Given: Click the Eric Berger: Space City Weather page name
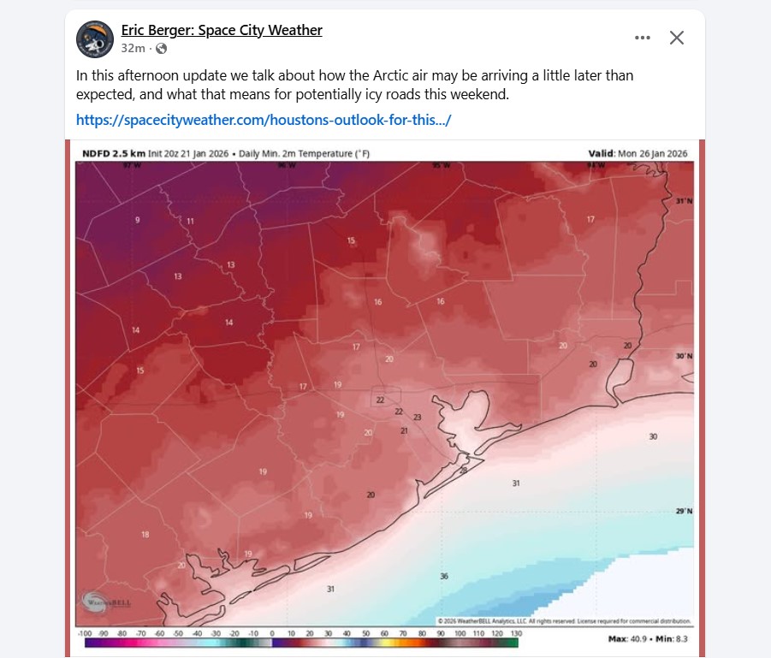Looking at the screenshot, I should (x=222, y=30).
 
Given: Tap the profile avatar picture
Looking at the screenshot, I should (x=95, y=39).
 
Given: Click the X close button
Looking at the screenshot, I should (x=676, y=38).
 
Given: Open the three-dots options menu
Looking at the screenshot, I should (x=642, y=38).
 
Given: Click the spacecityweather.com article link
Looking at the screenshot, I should (x=263, y=120).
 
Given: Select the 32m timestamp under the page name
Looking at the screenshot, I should (x=133, y=49).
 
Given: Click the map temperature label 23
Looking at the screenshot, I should (x=418, y=417).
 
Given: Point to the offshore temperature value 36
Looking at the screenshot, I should (x=444, y=576).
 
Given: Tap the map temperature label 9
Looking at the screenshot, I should (x=137, y=221).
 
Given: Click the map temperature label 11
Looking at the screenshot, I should (x=190, y=222).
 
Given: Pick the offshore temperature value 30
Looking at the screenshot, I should (x=653, y=436).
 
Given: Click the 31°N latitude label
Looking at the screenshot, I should (x=684, y=201).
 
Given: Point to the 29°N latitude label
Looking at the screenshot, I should (x=684, y=511).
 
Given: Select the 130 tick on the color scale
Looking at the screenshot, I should (x=516, y=632).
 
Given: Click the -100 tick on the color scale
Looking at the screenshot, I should (x=84, y=632).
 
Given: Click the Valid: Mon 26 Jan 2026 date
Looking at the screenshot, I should (x=638, y=153).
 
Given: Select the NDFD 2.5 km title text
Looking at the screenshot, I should (x=113, y=153).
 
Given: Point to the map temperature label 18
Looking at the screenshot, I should (x=145, y=534).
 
